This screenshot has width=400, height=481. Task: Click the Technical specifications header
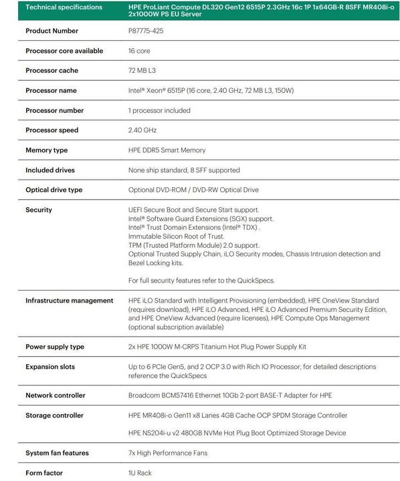[64, 7]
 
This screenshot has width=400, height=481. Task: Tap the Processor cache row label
[52, 71]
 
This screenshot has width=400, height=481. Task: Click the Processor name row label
[51, 90]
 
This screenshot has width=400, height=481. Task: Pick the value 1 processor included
[159, 110]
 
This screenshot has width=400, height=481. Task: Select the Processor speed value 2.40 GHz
[142, 130]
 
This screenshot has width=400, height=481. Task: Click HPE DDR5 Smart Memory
[167, 150]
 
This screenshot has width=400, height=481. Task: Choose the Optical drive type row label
[54, 190]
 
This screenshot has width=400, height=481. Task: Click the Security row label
[38, 210]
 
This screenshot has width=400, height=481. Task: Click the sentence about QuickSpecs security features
[201, 281]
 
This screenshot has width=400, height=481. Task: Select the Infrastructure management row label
[69, 301]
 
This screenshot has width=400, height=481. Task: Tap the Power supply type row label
[55, 347]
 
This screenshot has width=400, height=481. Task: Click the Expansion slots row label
[50, 367]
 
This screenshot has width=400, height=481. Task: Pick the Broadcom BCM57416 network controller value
[229, 395]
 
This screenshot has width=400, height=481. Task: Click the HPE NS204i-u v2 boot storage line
[237, 433]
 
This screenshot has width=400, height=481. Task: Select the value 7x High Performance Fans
[167, 453]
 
